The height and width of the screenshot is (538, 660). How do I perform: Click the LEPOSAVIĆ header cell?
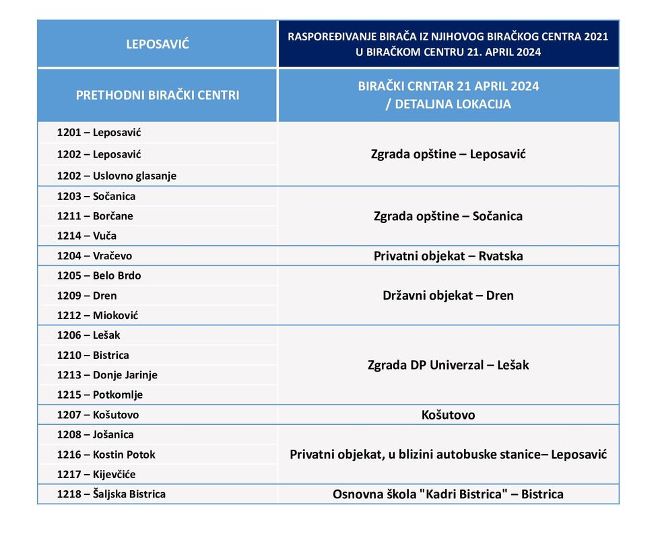158,44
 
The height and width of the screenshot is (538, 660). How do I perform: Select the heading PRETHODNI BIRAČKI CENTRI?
158,95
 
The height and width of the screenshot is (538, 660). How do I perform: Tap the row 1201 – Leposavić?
99,133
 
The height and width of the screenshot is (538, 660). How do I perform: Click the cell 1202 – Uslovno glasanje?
117,176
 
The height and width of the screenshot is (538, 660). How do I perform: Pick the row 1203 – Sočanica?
96,197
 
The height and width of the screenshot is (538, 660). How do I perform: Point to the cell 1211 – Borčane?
95,216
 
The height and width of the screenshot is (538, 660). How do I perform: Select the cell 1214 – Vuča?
87,236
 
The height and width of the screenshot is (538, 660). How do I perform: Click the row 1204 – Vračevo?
94,256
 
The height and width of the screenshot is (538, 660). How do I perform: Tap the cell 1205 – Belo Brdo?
99,275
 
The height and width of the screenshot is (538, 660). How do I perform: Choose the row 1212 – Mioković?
98,315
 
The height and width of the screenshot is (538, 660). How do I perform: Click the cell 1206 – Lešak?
89,335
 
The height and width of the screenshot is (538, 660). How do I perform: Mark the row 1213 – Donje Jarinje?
107,374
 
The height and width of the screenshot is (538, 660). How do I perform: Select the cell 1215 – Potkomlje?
100,395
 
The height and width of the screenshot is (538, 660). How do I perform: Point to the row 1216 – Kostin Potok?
106,455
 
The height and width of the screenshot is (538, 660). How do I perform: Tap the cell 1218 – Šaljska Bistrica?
111,494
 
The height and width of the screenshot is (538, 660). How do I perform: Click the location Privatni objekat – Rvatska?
448,256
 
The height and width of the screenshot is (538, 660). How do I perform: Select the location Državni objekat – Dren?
448,295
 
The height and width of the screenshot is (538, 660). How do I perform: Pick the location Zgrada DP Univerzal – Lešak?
448,365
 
